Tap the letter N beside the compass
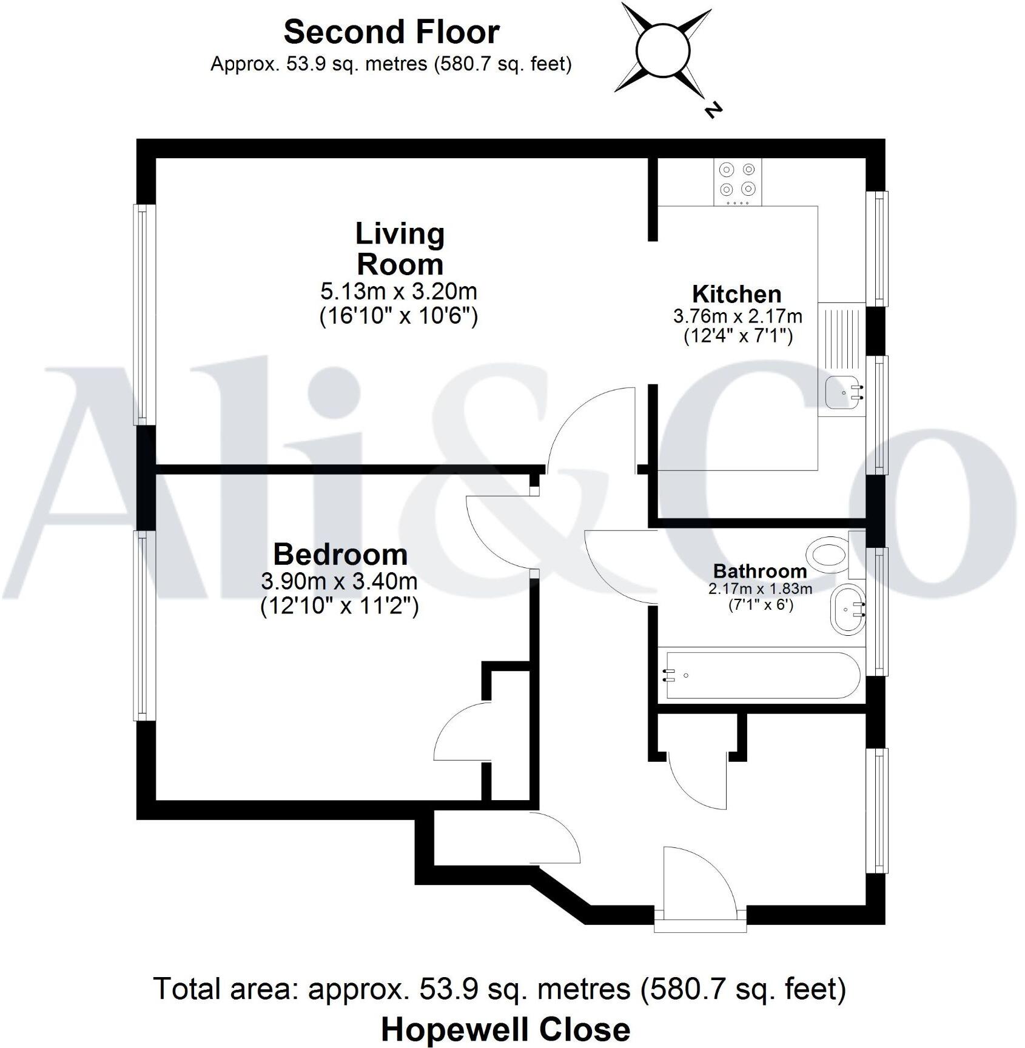713,110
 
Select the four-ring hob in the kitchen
738,181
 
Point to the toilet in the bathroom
828,553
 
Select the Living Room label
400,249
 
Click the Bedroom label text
340,554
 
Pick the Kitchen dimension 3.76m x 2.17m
738,316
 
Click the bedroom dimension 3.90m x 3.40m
339,581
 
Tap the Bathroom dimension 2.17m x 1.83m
760,588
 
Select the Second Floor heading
391,32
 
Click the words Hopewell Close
505,1029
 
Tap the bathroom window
877,610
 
